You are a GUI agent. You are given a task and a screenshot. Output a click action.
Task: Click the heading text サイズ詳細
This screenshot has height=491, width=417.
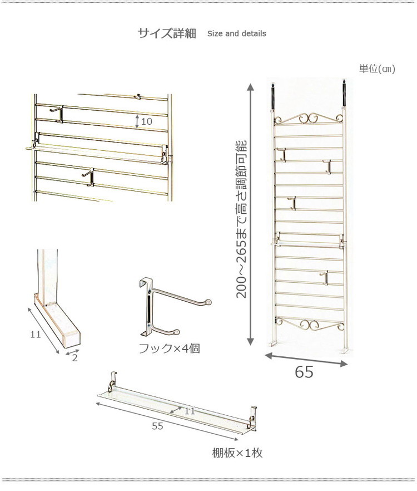pyautogui.click(x=167, y=33)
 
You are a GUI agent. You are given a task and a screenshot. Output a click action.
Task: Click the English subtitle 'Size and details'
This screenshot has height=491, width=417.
pyautogui.click(x=236, y=33)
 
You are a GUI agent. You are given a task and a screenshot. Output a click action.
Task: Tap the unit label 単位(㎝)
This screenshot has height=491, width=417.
pyautogui.click(x=377, y=68)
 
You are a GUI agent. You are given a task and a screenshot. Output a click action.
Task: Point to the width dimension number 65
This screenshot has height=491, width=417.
pyautogui.click(x=304, y=372)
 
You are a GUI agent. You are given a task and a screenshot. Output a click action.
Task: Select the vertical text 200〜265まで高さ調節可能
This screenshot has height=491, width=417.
pyautogui.click(x=242, y=219)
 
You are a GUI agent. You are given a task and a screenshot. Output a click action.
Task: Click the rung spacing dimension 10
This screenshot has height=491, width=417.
pyautogui.click(x=146, y=121)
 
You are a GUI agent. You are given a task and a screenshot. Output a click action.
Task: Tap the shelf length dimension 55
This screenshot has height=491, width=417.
pyautogui.click(x=158, y=426)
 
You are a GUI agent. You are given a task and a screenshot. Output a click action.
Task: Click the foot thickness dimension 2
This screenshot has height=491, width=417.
pyautogui.click(x=75, y=358)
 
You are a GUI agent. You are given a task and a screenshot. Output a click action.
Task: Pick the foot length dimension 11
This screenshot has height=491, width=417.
pyautogui.click(x=36, y=335)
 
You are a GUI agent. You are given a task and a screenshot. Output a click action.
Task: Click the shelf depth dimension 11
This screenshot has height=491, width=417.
pyautogui.click(x=190, y=411)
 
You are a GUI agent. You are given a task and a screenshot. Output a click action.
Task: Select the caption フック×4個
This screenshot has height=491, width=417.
pyautogui.click(x=169, y=348)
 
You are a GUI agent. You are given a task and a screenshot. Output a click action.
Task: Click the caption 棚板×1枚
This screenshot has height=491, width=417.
pyautogui.click(x=237, y=453)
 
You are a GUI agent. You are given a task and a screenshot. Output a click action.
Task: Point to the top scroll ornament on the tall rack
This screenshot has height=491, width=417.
pyautogui.click(x=309, y=119)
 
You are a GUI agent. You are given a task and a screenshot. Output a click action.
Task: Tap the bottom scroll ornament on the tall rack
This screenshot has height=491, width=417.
pyautogui.click(x=309, y=324)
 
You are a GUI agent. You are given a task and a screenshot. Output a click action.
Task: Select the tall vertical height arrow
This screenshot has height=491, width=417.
pyautogui.click(x=250, y=214)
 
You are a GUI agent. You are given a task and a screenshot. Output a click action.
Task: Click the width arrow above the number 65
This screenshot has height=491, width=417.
pyautogui.click(x=306, y=360)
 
